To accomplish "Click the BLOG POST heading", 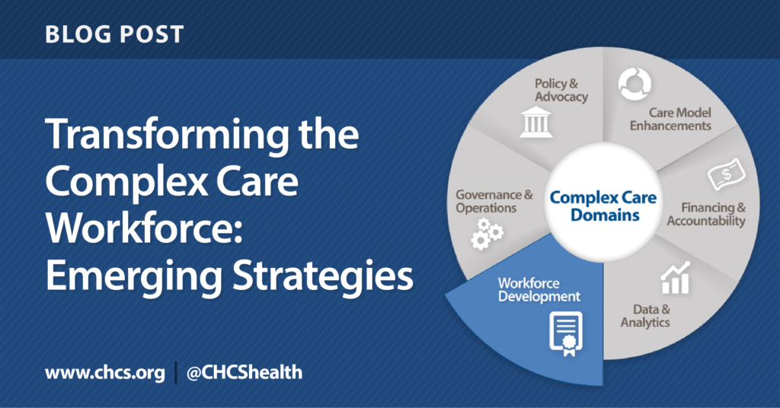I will point(113,34).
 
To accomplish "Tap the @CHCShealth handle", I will point(245,372).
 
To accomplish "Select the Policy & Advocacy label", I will point(561,90).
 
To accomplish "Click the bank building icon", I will point(536,123).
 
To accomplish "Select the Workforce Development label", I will point(539,290).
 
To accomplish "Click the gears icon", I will point(487,233).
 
